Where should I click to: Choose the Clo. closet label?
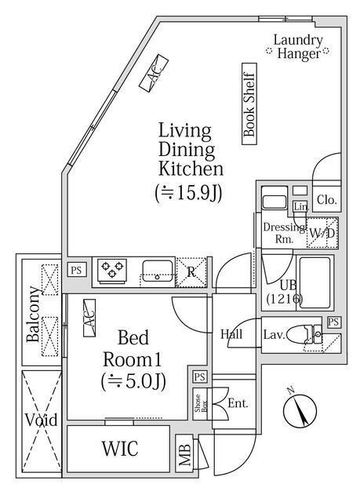(x=326, y=200)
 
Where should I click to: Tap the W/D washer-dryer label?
(x=321, y=233)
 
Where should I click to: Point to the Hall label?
(x=231, y=334)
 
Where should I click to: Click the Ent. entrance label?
(x=238, y=404)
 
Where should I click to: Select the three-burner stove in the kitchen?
(x=111, y=271)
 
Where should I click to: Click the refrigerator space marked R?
(x=191, y=271)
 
